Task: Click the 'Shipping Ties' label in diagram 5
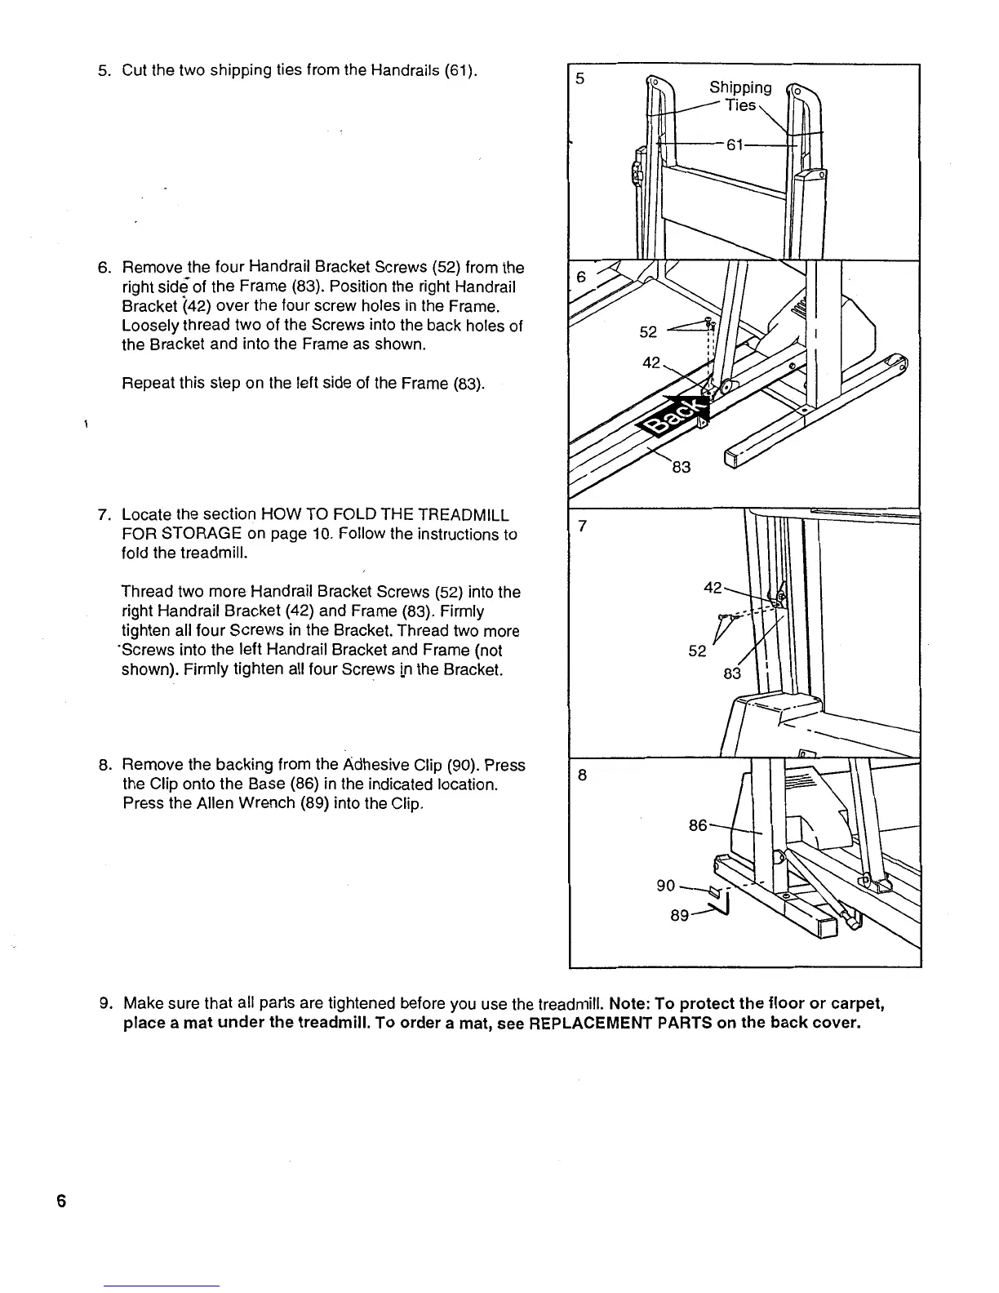[x=740, y=96]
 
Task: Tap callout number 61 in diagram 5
[x=735, y=144]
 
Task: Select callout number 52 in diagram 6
[x=648, y=332]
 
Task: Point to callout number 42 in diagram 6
[x=651, y=362]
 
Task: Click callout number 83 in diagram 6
[x=681, y=466]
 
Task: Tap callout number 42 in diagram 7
[x=713, y=588]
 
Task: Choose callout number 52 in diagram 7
[x=697, y=651]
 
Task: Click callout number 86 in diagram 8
[x=698, y=825]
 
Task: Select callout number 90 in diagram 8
[x=666, y=886]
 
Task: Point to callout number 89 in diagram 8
[x=679, y=916]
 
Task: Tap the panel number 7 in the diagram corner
[x=582, y=527]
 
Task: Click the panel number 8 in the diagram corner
[x=582, y=775]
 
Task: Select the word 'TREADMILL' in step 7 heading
[x=463, y=515]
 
